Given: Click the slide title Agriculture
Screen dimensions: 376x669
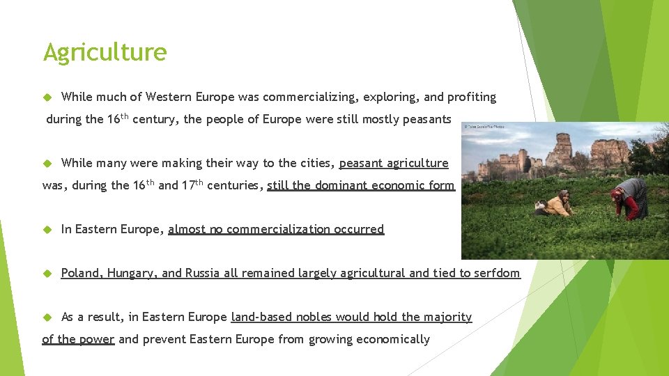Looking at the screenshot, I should point(105,52).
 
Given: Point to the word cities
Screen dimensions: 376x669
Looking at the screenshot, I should point(314,163).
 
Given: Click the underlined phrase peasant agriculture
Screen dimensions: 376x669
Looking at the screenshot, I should point(394,163).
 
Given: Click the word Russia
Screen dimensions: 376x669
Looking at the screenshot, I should point(203,273).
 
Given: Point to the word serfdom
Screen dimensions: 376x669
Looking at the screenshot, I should point(496,273).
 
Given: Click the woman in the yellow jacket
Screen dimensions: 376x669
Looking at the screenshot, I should point(558,204).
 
